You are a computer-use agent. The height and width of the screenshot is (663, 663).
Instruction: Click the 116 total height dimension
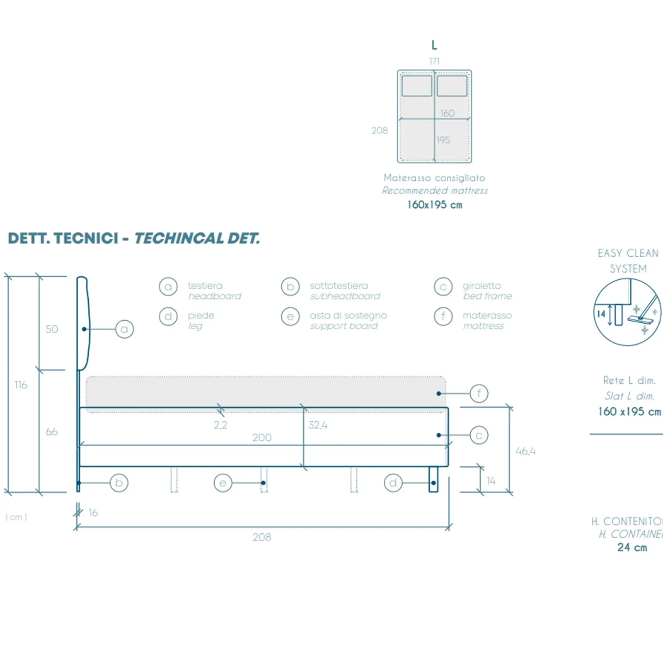tap(21, 385)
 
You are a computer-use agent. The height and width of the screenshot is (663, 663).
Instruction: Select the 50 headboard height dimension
tap(52, 329)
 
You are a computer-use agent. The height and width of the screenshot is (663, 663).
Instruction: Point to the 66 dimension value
tap(51, 432)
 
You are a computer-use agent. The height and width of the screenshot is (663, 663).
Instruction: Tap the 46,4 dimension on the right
tap(525, 451)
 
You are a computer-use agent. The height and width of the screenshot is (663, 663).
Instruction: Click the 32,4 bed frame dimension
tap(318, 425)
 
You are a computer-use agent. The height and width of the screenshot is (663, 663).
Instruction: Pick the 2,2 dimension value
tap(220, 425)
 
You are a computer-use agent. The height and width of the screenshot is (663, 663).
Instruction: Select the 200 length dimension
tap(262, 438)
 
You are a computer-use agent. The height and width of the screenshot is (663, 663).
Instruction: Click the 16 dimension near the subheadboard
tap(93, 513)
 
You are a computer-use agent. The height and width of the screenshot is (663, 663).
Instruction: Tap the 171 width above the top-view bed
tap(434, 61)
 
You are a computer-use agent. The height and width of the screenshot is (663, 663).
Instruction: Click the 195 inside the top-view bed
tap(443, 140)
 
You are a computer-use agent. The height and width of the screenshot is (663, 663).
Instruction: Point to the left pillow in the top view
tap(417, 86)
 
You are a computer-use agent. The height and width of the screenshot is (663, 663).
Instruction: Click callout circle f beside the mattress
tap(479, 393)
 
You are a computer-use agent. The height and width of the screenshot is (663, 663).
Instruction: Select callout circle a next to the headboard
tap(124, 329)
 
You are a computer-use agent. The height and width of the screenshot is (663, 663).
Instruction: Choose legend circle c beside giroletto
tap(443, 287)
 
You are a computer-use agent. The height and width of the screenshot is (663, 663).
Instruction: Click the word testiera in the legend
tap(205, 286)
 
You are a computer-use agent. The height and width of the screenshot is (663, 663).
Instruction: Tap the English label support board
tap(344, 326)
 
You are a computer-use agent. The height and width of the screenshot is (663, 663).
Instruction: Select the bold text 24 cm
tap(632, 547)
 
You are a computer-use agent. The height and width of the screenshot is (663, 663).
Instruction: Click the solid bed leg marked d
tap(433, 479)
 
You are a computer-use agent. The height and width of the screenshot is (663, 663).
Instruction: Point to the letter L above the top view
tap(434, 45)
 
